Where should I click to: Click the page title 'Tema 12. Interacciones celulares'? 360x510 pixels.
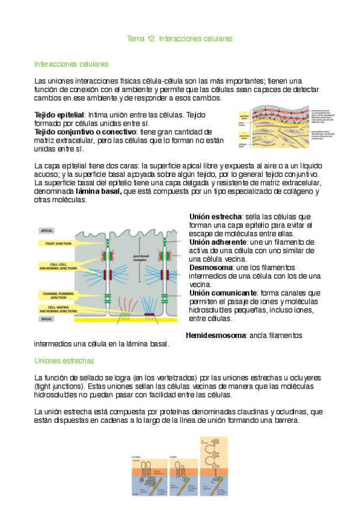(x=180, y=38)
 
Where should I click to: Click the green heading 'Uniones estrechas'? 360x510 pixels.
(x=64, y=361)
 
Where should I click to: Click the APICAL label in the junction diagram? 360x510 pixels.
(x=47, y=230)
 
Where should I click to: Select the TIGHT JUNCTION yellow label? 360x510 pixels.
(x=56, y=244)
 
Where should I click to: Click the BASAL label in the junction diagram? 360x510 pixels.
(x=46, y=319)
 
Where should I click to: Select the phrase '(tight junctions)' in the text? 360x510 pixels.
(x=60, y=386)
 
